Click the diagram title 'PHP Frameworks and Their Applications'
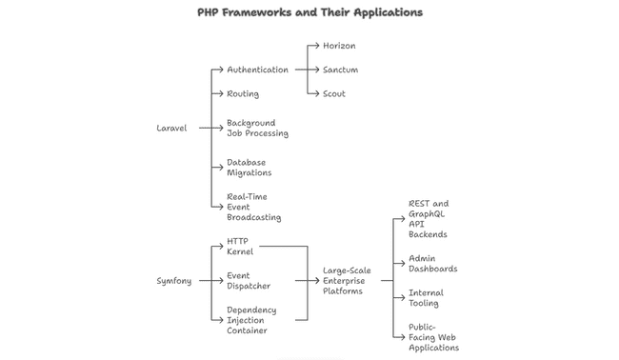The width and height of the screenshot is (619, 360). [x=309, y=12]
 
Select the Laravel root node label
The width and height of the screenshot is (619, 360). [x=171, y=128]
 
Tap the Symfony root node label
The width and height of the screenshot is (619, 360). [x=173, y=281]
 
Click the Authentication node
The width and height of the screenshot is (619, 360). [x=257, y=70]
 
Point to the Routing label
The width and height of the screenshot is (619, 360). [x=243, y=94]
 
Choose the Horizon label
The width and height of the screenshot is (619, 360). [x=339, y=46]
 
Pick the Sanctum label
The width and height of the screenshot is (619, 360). [x=340, y=70]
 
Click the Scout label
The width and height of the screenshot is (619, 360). [x=334, y=94]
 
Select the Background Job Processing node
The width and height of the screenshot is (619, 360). [x=257, y=129]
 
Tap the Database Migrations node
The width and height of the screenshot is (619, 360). [x=250, y=168]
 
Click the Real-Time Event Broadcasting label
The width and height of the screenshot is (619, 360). [x=254, y=207]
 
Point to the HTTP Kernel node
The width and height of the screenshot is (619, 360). [x=240, y=247]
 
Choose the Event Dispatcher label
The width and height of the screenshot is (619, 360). [x=249, y=281]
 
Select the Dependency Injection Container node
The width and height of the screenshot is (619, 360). [x=251, y=320]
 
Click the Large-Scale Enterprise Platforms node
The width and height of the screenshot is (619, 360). [x=347, y=281]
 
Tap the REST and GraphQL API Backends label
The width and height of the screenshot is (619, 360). [x=429, y=219]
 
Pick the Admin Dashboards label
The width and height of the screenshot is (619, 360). [x=432, y=263]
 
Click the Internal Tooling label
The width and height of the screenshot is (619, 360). [x=426, y=298]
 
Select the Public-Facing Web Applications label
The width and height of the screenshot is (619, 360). [x=433, y=337]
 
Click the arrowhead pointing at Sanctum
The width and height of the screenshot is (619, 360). [x=316, y=70]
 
